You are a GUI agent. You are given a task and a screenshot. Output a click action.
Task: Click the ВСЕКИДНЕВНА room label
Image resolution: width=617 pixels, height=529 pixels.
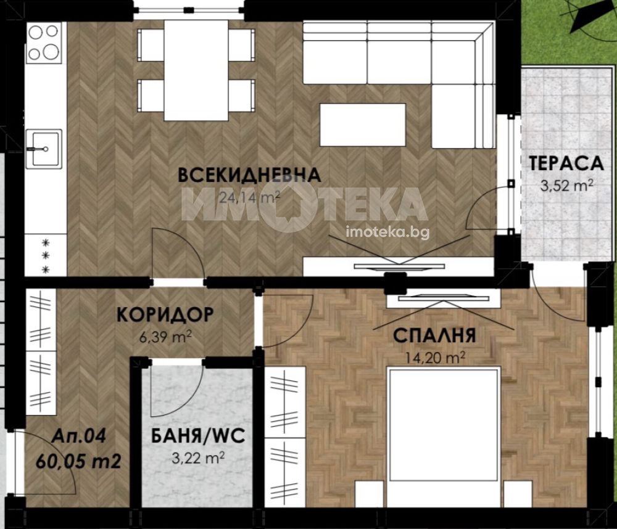249,175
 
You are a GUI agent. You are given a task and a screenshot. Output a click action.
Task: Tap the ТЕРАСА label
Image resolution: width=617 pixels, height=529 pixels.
566,163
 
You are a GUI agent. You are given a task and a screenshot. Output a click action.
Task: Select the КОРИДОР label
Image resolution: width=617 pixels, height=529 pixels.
165,314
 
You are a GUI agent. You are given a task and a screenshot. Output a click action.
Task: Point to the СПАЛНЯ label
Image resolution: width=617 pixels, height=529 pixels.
434,335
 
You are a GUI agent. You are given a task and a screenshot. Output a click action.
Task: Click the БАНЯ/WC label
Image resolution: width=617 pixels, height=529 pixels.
198,436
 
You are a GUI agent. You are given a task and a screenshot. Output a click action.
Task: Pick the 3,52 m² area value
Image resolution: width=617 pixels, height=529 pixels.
566,185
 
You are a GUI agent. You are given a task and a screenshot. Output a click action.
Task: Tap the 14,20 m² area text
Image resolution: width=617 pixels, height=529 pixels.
435,358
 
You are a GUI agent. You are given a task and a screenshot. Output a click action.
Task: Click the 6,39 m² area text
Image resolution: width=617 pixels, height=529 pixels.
165,337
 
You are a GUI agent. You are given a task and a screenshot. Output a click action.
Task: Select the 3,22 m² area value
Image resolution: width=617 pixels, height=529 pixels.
198,458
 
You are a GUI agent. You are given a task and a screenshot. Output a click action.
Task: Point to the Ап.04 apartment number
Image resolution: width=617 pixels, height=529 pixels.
79,436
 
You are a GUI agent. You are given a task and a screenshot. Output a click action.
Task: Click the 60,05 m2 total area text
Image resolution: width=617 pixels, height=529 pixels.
78,461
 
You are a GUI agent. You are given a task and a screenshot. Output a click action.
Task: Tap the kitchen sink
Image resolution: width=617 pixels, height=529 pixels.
44,149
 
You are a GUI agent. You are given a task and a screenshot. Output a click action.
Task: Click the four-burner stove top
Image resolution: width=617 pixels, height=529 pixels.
44,43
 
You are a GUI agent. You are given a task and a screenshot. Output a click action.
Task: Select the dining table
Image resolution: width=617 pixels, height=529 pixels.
196,70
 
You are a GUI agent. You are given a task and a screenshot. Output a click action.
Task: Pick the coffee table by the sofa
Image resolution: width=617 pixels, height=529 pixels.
362,125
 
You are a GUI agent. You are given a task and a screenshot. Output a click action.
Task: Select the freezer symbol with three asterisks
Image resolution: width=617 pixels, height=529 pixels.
46,256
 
